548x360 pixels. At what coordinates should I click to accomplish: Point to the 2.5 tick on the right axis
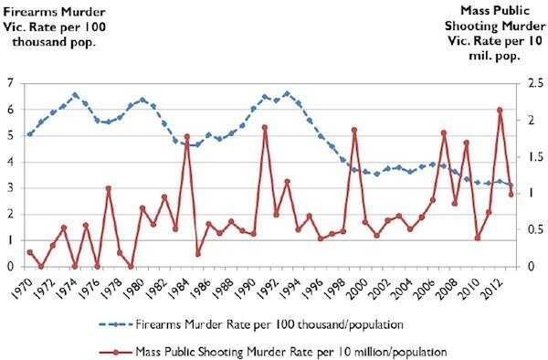[x=531, y=83]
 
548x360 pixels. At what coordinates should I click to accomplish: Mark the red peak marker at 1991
[x=265, y=128]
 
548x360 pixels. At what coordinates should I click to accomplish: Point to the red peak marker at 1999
[x=354, y=131]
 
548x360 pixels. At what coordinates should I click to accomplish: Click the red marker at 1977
[x=109, y=188]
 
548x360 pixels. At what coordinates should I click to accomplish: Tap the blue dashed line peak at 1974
[x=75, y=94]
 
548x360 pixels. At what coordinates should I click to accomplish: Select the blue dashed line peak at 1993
[x=287, y=93]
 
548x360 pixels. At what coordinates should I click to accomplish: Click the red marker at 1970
[x=30, y=252]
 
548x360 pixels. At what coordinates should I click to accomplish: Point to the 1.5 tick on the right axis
[x=531, y=157]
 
